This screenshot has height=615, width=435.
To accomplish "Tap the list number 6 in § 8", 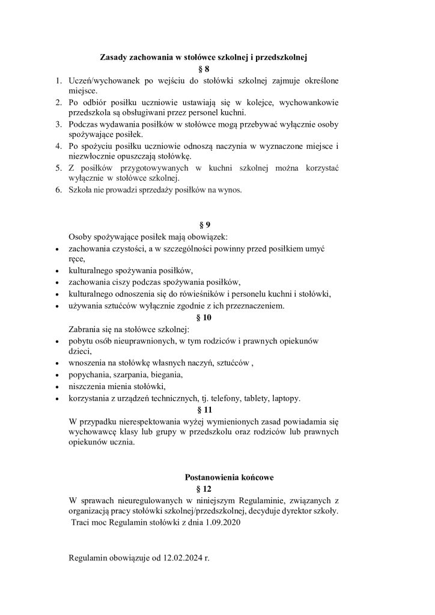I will coord(59,190).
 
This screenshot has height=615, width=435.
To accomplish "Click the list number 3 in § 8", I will coord(59,124).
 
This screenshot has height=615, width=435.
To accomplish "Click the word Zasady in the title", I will coord(112,58).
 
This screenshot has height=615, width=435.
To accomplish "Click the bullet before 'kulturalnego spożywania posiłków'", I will coord(56,271).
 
